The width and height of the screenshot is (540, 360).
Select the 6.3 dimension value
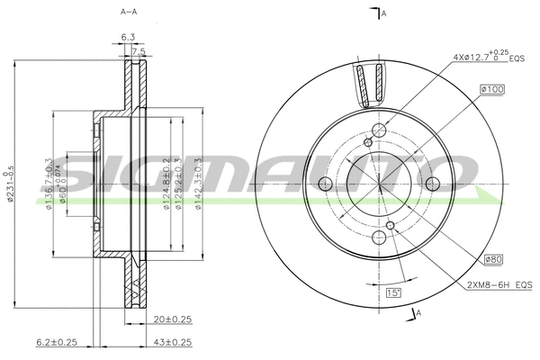click(128, 37)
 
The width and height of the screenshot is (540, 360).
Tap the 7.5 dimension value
click(138, 52)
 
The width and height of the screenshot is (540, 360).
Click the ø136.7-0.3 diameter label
click(49, 184)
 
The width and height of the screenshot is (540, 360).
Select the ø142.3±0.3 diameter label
click(198, 185)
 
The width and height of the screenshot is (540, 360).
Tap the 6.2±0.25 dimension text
click(56, 342)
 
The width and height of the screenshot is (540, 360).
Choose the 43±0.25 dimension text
click(174, 342)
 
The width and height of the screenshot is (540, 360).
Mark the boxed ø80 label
click(492, 259)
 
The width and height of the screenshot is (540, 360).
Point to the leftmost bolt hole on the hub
click(325, 184)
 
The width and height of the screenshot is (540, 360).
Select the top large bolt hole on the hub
click(379, 131)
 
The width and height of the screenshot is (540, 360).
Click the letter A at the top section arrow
click(383, 13)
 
